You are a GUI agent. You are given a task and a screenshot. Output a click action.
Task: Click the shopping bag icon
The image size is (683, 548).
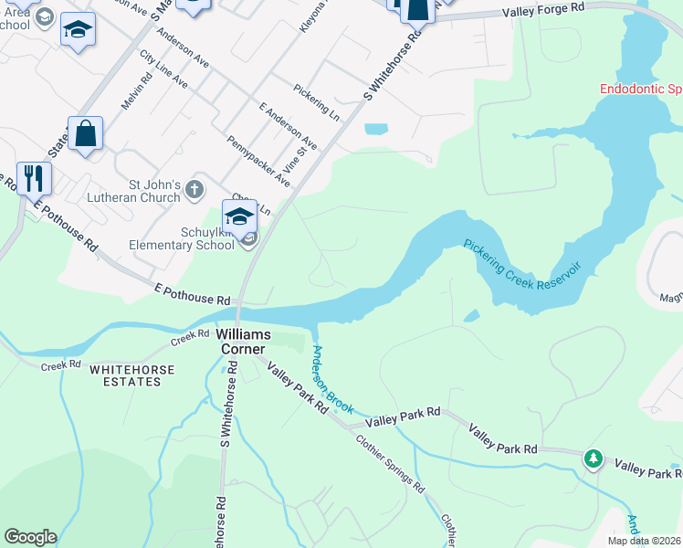pos(85,134)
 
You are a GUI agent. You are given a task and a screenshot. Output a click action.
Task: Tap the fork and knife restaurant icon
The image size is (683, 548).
pos(34,177)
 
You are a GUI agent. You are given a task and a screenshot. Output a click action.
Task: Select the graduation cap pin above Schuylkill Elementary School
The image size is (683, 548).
pos(239,217)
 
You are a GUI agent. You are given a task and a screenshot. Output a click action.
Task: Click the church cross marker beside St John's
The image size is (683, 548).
pos(194,189)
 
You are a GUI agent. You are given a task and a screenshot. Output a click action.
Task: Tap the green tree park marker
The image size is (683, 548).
pos(594,457)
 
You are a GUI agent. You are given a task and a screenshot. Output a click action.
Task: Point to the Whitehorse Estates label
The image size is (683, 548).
pos(125,375)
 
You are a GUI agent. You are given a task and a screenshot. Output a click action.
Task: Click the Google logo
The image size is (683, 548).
pos(30,537)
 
